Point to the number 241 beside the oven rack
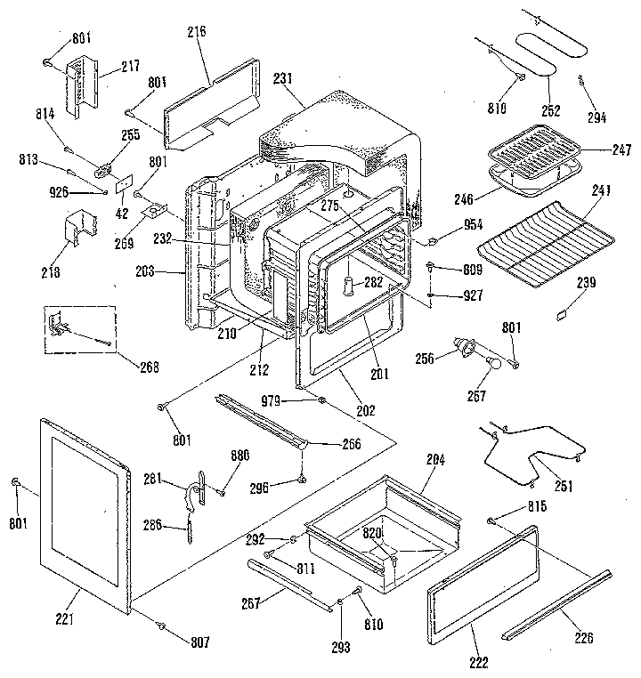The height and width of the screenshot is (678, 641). click(x=604, y=189)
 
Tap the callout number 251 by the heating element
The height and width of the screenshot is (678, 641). click(x=563, y=487)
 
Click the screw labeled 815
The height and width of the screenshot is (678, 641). click(x=491, y=520)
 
